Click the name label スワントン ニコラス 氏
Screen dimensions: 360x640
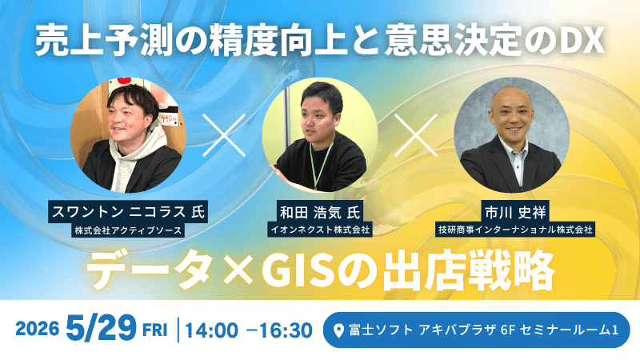[127, 214]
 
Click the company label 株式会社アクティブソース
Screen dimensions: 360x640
[127, 230]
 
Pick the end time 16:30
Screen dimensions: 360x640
[285, 330]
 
